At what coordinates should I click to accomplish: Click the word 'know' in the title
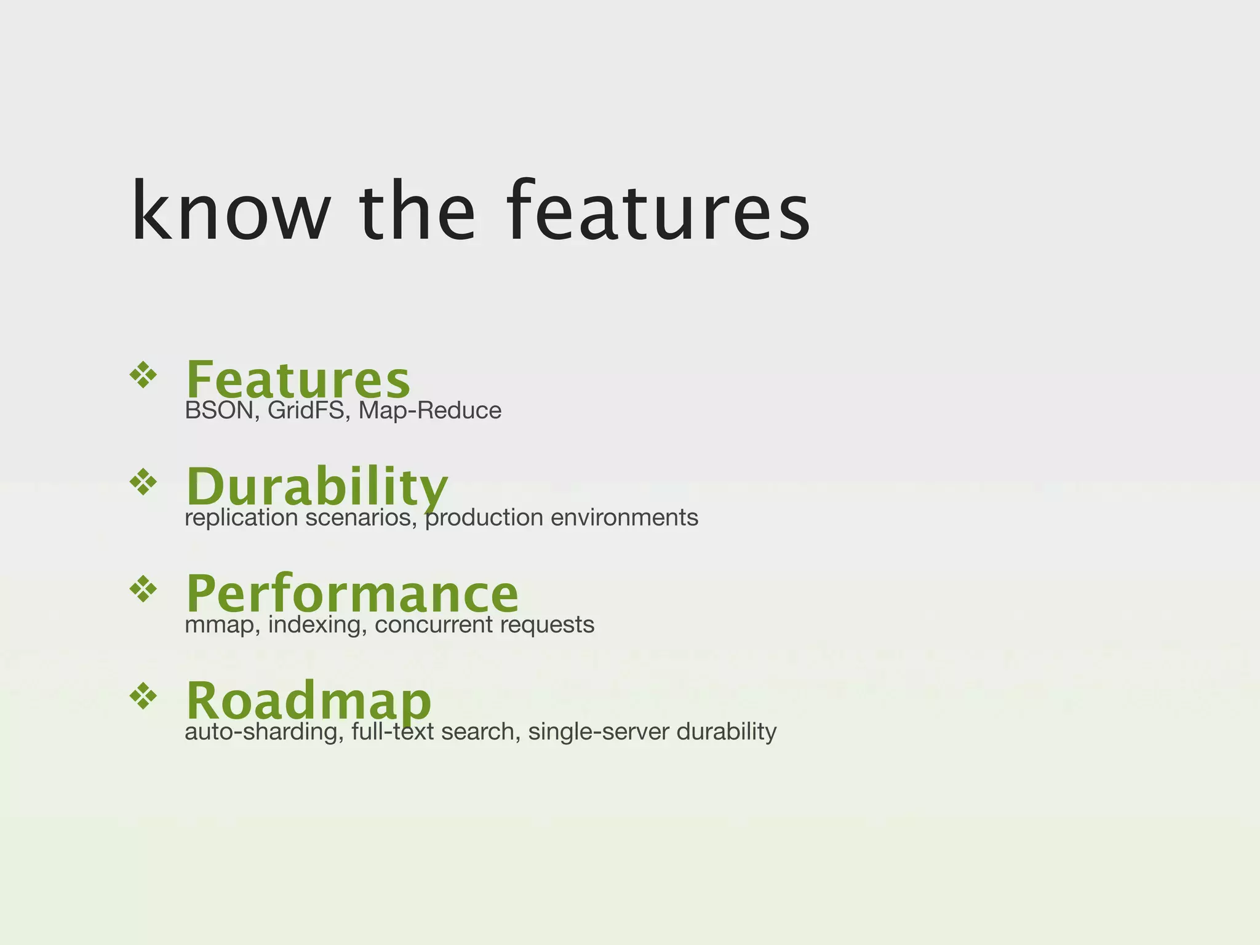coord(231,211)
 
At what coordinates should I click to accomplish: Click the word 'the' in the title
coord(418,211)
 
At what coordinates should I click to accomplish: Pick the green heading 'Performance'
coord(352,593)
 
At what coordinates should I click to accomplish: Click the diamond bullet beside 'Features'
coord(143,375)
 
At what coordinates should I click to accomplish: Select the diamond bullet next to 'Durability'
coord(143,482)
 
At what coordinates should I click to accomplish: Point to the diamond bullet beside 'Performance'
coord(143,589)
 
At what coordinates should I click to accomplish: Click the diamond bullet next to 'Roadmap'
coord(143,696)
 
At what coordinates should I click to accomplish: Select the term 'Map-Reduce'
coord(429,410)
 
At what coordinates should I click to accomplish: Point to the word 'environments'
coord(624,518)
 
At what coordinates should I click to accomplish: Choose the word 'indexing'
coord(317,625)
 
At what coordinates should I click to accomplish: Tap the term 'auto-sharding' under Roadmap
coord(264,732)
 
